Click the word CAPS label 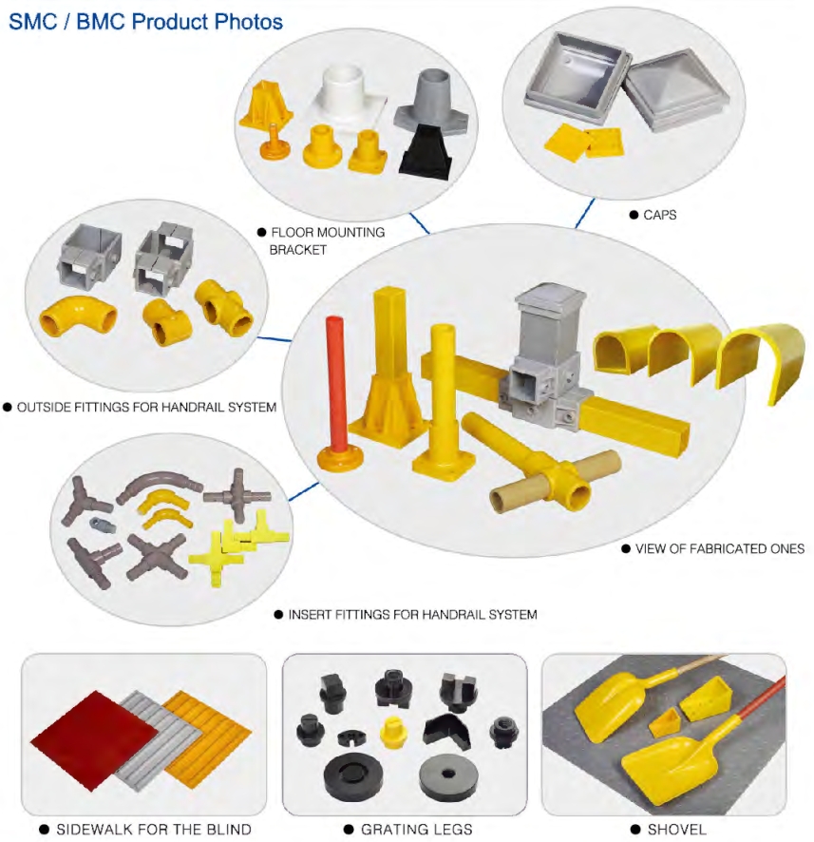point(659,215)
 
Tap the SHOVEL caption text point(676,829)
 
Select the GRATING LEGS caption point(416,829)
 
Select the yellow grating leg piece point(393,732)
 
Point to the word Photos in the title point(248,22)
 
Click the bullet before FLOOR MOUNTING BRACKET point(262,233)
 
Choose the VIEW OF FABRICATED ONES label point(720,548)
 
